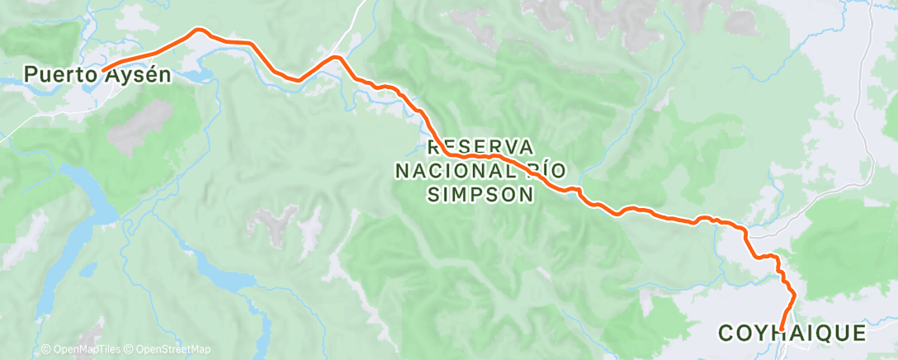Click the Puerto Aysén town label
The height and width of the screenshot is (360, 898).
point(97,75)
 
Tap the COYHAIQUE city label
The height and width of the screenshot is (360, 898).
point(792,334)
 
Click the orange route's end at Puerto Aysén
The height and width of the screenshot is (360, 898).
point(102,69)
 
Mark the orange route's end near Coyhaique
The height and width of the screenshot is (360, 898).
point(781,329)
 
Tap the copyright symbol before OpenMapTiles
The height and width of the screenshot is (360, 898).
point(46,350)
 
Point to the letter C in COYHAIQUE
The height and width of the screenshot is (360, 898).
point(726,334)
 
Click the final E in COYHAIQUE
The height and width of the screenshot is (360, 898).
point(859,334)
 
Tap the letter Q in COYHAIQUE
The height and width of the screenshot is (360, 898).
point(818,334)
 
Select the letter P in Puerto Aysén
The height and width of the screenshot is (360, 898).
point(30,75)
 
